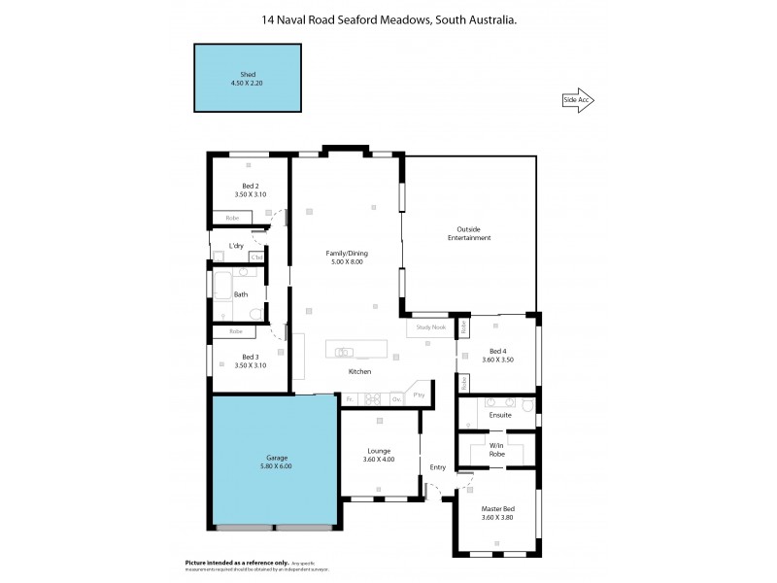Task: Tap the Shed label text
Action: tap(247, 75)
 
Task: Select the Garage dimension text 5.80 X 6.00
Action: tap(275, 466)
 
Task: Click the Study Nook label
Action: tap(430, 327)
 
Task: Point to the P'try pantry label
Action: tap(420, 395)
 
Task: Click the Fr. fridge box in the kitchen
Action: tap(349, 398)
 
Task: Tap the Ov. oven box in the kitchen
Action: tap(395, 398)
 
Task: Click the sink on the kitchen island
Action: tap(345, 352)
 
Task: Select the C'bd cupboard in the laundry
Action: tap(256, 257)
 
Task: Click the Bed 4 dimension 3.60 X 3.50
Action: tap(497, 360)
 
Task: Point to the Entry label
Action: tap(438, 467)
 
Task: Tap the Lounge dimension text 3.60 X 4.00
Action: tap(379, 460)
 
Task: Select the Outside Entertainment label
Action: tap(468, 233)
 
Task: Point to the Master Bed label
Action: tap(497, 508)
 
